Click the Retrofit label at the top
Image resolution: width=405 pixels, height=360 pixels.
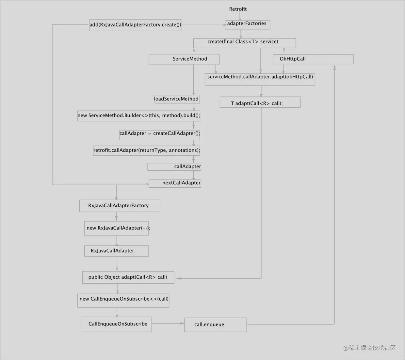tap(238, 9)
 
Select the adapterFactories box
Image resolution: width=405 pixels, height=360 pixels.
tap(247, 24)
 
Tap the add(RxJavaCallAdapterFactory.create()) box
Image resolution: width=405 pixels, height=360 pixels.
tap(135, 25)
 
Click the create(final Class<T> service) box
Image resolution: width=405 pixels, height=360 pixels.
tap(244, 43)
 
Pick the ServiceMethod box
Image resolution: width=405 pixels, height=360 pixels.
tap(184, 59)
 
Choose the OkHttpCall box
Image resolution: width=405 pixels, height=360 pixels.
tap(313, 59)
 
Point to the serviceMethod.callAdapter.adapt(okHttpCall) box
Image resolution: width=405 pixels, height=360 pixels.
tap(260, 79)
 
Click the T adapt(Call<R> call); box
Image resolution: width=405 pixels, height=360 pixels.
tap(260, 102)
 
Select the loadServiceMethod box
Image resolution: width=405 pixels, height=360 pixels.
tap(177, 99)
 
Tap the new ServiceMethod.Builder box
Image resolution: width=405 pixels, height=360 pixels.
tap(138, 116)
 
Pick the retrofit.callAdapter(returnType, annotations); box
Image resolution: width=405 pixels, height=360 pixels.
tap(146, 150)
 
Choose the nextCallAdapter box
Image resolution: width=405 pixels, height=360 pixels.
tap(175, 183)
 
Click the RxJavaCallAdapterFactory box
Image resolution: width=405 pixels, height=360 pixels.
tap(120, 206)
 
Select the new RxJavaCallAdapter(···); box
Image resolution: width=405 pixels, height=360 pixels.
tap(117, 228)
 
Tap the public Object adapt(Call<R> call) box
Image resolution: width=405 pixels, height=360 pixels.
tap(128, 277)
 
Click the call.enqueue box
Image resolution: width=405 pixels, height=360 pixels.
tap(215, 325)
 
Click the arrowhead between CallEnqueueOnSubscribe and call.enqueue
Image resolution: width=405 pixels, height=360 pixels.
tap(182, 323)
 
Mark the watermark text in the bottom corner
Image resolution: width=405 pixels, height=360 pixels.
tap(369, 348)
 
